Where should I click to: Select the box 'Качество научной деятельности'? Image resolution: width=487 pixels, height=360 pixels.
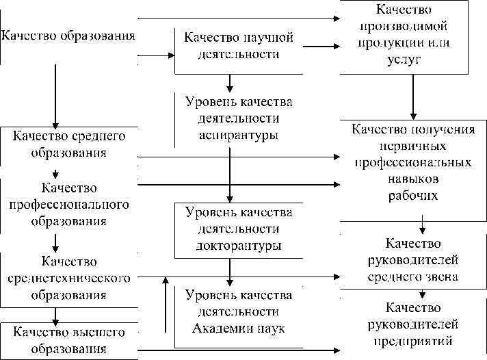point(238,45)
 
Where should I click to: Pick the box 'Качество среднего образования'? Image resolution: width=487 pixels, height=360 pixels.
point(68,143)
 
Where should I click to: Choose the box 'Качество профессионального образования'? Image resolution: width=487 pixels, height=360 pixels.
point(68,204)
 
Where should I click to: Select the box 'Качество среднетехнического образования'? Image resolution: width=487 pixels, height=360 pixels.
point(68,279)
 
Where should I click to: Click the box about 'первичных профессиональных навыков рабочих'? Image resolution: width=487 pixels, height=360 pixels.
point(412,163)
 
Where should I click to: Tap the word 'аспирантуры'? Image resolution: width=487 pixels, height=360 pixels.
point(239,135)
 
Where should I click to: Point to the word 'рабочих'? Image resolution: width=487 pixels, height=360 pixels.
point(412,196)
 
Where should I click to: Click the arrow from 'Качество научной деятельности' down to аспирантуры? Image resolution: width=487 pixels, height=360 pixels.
point(231,83)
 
